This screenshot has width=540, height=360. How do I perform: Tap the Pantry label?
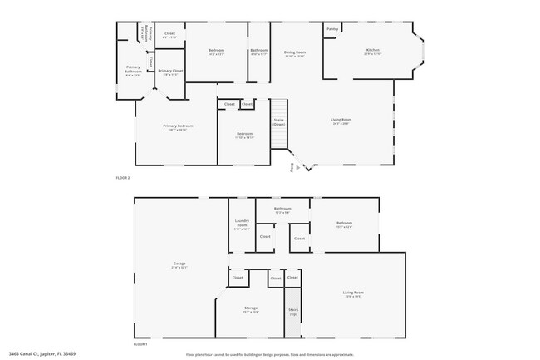coord(332,29)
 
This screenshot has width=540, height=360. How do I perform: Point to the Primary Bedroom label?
coord(178,126)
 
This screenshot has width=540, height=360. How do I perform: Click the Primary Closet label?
coord(170,72)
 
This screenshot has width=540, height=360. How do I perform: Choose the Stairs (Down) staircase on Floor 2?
coord(279,121)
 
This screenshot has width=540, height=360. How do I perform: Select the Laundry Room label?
coord(242,224)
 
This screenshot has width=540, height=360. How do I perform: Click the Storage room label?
coord(250,309)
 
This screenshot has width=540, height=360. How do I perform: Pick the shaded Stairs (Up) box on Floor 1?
coord(293,312)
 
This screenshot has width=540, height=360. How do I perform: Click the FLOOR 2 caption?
coord(123,178)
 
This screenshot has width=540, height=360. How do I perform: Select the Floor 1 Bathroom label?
coord(282,210)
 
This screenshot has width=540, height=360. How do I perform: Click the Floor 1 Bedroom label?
coord(344,223)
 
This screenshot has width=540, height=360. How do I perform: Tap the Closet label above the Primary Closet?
coord(169,35)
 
